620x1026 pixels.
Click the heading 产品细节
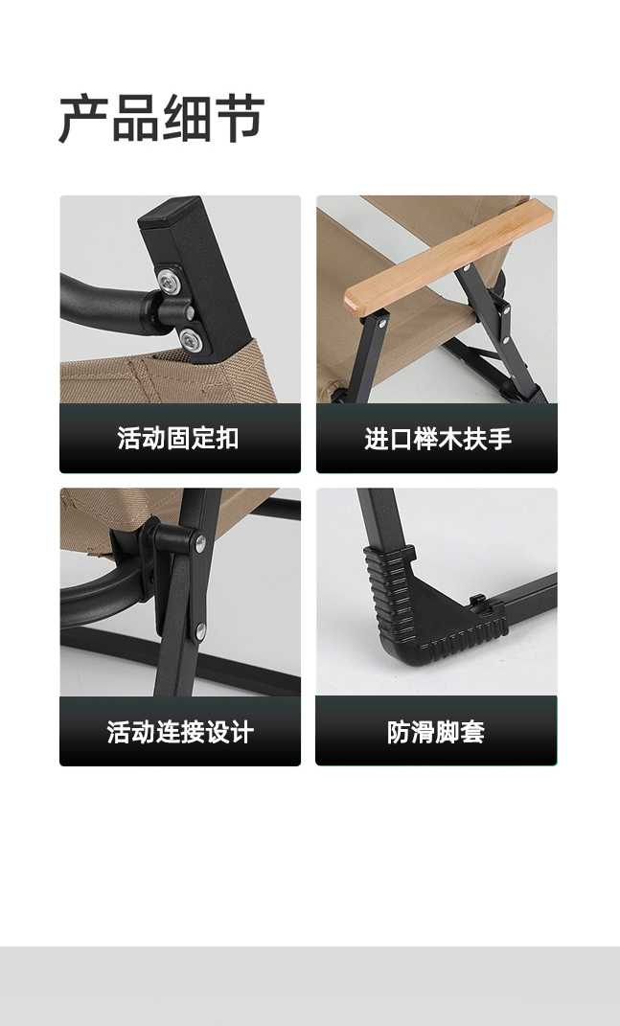162,119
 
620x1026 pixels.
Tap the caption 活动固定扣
178,439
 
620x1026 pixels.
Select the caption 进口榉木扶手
437,439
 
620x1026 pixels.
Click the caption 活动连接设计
180,732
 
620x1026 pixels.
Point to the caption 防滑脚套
436,732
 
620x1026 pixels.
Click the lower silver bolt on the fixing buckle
191,338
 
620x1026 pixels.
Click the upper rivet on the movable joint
200,543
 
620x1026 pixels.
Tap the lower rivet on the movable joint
200,630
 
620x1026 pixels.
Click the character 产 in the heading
83,119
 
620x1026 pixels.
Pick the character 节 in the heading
240,119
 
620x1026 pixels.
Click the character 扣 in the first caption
227,439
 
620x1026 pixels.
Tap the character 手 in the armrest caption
499,439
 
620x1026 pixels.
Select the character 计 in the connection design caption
241,732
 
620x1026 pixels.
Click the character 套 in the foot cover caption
473,732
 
